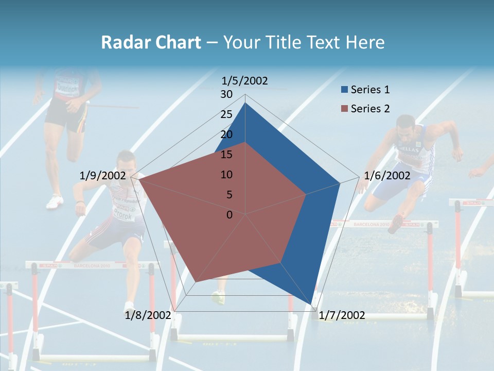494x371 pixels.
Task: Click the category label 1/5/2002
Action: pos(245,81)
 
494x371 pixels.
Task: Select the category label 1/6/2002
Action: pos(387,176)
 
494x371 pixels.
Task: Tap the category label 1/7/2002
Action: pos(342,315)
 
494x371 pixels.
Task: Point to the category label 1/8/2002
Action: pos(148,315)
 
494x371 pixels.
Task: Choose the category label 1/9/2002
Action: pos(102,176)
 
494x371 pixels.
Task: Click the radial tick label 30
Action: pos(226,94)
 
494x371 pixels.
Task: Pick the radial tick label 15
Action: pos(226,155)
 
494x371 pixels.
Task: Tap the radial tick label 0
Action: pos(230,215)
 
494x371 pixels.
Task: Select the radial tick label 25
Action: pos(226,114)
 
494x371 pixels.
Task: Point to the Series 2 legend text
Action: pos(370,109)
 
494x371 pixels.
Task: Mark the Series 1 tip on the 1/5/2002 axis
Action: pos(245,103)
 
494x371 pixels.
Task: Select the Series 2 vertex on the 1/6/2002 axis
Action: pos(306,194)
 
